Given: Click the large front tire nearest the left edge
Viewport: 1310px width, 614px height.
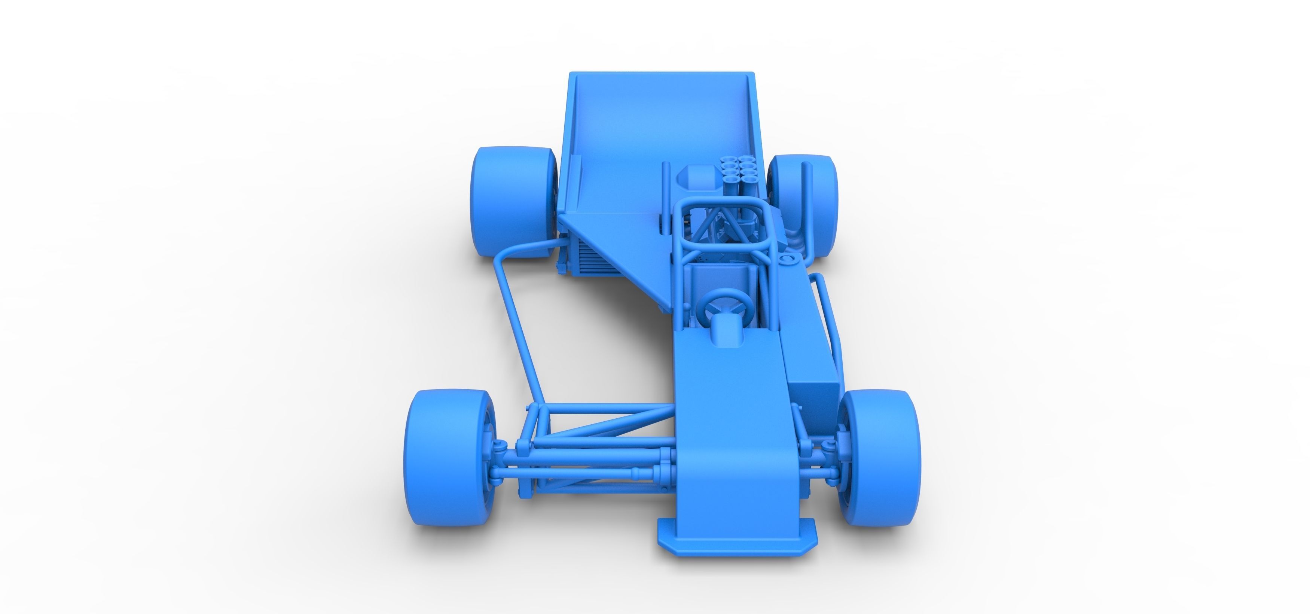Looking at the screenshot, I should [x=448, y=451].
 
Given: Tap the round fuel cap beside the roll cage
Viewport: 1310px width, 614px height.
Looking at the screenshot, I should [x=787, y=261].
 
